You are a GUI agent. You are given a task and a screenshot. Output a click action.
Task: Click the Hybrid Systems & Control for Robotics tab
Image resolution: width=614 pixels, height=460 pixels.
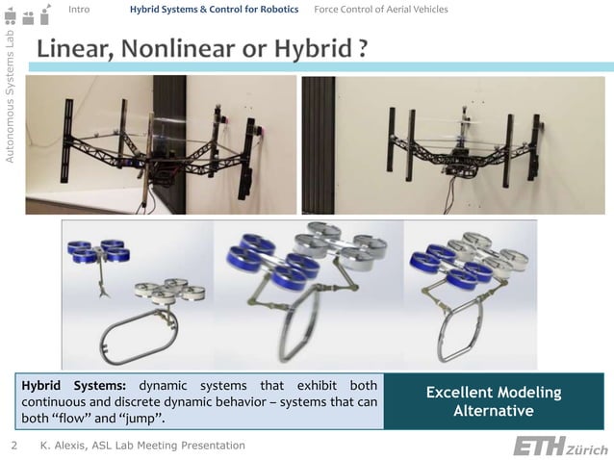(x=214, y=10)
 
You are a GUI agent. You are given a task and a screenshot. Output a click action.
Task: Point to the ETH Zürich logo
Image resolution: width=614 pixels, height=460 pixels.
(x=559, y=447)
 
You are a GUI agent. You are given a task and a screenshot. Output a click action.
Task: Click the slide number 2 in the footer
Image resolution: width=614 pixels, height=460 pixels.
(x=13, y=446)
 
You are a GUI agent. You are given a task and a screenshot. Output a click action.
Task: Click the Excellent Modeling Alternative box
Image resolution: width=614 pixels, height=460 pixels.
(x=493, y=401)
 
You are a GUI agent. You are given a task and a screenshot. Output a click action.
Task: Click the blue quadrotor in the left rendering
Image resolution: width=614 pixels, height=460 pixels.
(x=99, y=251)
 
